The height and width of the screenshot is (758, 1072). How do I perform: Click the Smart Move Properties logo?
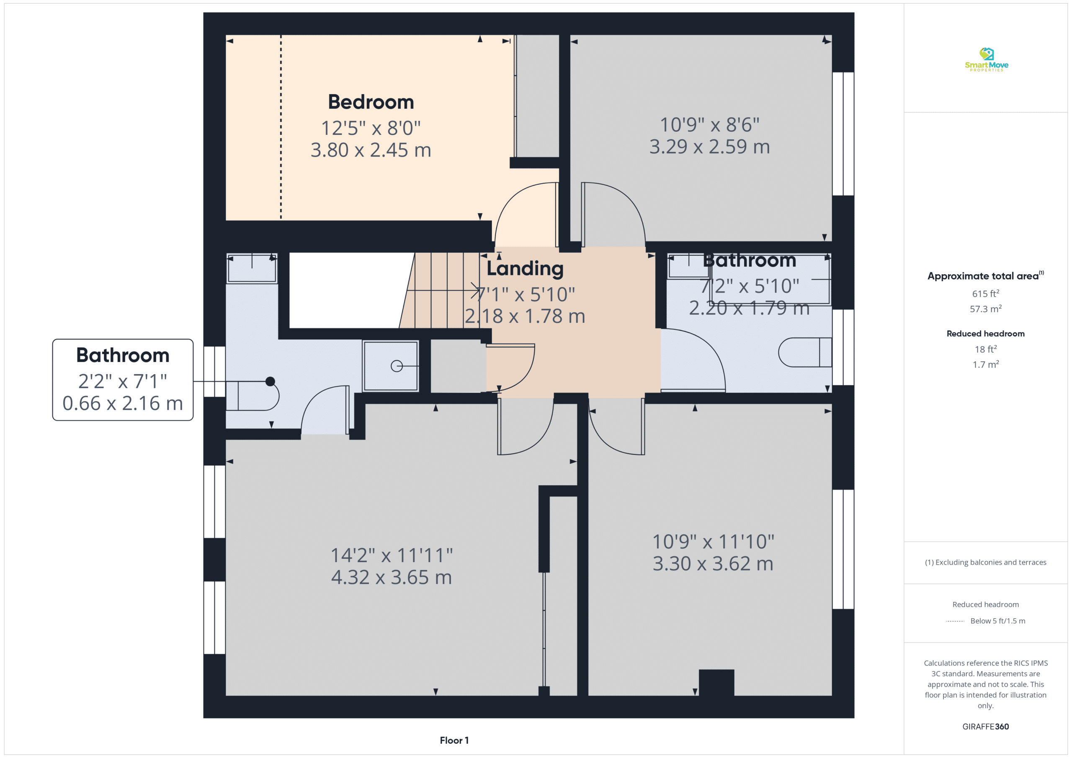coord(986,60)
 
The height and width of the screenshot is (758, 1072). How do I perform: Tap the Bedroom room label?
coord(371,102)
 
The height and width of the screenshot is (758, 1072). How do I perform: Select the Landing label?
coord(525,269)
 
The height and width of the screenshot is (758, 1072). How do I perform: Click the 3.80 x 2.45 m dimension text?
coord(371,150)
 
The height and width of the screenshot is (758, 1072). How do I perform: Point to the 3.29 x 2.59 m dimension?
coord(709,147)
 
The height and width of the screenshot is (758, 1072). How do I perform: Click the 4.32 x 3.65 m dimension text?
coord(391,577)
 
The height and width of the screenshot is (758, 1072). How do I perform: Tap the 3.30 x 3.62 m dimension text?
coord(713,564)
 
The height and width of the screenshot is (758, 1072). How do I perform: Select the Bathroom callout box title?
coord(123,356)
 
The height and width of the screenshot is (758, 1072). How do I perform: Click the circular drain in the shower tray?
coord(397,366)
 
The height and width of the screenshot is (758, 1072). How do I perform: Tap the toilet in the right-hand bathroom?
coord(805,352)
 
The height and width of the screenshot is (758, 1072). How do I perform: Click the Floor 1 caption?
coord(454,740)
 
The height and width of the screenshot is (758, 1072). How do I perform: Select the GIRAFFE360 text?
coord(985,726)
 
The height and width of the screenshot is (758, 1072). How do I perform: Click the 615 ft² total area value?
coord(985,293)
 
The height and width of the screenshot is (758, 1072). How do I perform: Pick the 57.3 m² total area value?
coord(985,309)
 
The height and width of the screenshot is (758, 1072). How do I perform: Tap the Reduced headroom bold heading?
coord(985,334)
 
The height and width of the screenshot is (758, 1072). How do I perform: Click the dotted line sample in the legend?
coord(955,621)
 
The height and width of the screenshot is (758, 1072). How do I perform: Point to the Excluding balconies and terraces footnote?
coord(985,563)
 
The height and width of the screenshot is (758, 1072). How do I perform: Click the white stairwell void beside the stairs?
coord(348,290)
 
